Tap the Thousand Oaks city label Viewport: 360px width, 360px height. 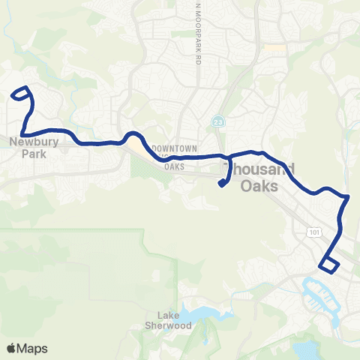click(259, 177)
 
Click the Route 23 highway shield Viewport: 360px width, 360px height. click(217, 121)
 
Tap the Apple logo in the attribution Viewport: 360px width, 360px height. click(12, 348)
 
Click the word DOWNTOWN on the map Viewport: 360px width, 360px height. click(173, 148)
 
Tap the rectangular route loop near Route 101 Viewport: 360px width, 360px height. click(329, 263)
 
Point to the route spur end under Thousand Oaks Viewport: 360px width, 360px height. click(223, 184)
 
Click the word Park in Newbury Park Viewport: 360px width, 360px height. click(35, 154)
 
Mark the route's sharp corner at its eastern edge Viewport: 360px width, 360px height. click(348, 197)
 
